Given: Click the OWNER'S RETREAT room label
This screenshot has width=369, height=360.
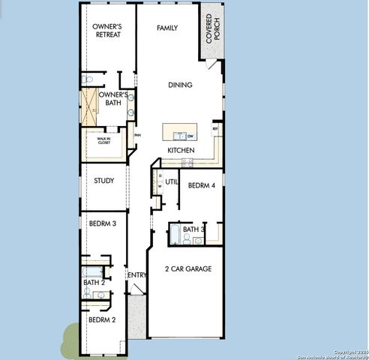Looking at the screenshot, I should [x=107, y=31].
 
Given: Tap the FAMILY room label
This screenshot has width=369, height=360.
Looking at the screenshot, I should [x=166, y=28].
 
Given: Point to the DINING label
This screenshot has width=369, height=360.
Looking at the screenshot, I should [x=180, y=85].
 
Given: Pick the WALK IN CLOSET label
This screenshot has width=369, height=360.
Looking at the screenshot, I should [x=103, y=140].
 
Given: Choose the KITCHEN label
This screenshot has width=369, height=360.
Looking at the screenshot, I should [x=181, y=151].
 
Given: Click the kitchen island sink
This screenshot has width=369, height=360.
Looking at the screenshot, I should [x=178, y=136].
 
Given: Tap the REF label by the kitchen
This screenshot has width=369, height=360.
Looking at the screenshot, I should [x=215, y=130].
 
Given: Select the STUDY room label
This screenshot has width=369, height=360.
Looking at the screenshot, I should [x=103, y=180].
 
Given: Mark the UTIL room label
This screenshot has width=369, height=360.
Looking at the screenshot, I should [x=171, y=181].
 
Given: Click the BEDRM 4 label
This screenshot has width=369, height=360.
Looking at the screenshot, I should [x=202, y=185].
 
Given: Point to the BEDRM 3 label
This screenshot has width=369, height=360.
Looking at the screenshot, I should [x=102, y=223].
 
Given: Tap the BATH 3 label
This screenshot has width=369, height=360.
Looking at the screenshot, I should [x=193, y=229].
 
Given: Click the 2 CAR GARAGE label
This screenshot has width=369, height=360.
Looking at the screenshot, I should [x=188, y=268].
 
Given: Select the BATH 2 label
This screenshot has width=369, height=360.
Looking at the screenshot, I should [x=94, y=283].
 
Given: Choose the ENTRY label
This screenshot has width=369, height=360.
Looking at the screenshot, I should [x=137, y=275].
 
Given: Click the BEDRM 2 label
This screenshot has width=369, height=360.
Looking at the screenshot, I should [x=102, y=320].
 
